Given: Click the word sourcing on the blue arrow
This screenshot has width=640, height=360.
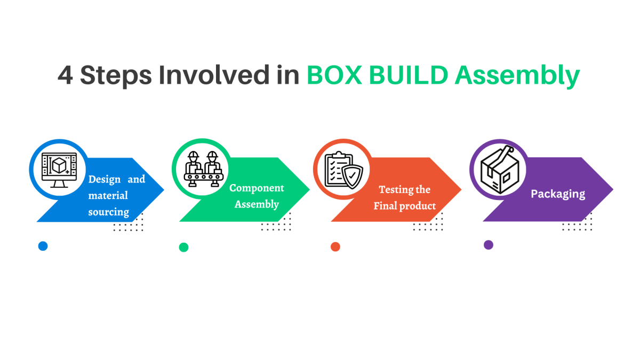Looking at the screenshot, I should pyautogui.click(x=109, y=212).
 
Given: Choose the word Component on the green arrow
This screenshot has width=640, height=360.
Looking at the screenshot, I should pyautogui.click(x=257, y=188).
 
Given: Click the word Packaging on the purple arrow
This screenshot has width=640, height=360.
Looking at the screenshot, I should pyautogui.click(x=557, y=194).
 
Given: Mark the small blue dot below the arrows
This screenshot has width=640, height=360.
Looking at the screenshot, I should pyautogui.click(x=43, y=246).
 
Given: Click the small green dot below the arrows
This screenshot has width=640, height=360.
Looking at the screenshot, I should pyautogui.click(x=183, y=247).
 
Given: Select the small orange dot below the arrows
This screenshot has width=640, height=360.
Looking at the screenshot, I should pyautogui.click(x=335, y=246).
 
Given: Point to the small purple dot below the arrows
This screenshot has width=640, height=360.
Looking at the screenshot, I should pyautogui.click(x=488, y=245).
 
